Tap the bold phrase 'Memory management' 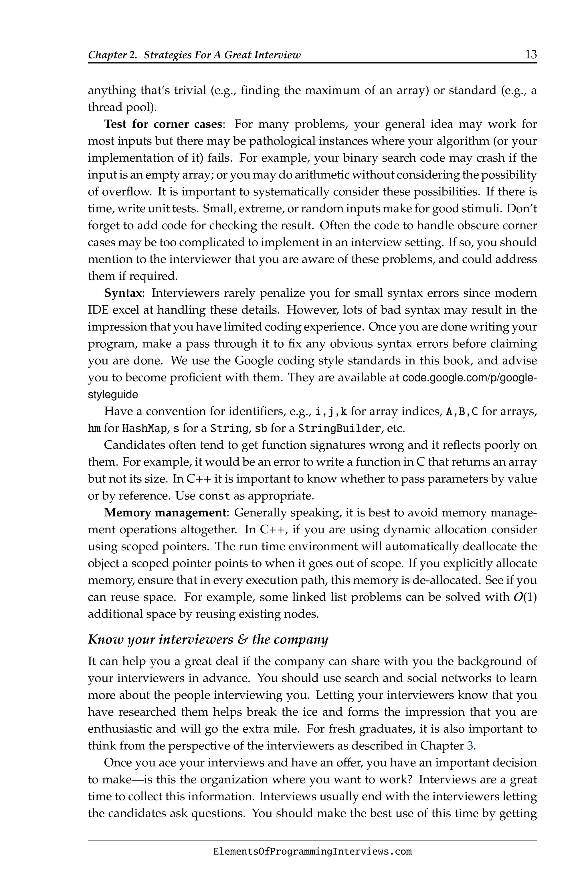(165, 512)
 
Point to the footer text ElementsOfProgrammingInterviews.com (312, 851)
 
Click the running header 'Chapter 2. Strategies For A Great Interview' (194, 55)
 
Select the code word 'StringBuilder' (339, 428)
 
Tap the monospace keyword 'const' (215, 496)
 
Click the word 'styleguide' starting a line (112, 395)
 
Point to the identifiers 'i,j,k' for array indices (331, 412)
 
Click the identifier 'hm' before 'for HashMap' (94, 428)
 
